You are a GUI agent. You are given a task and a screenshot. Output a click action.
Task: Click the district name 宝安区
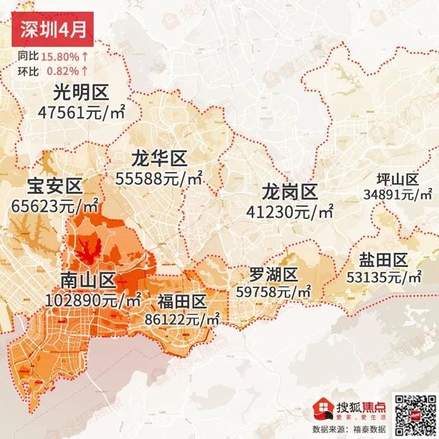(x=54, y=185)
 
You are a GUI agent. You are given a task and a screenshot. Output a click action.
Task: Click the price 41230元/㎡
(x=290, y=211)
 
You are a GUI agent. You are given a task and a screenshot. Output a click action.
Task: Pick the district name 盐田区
(x=383, y=260)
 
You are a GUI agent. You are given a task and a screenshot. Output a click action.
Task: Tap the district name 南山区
(x=88, y=281)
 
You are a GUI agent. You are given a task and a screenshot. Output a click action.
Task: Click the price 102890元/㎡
(x=93, y=300)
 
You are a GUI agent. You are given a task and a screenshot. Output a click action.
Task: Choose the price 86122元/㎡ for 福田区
(x=182, y=318)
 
